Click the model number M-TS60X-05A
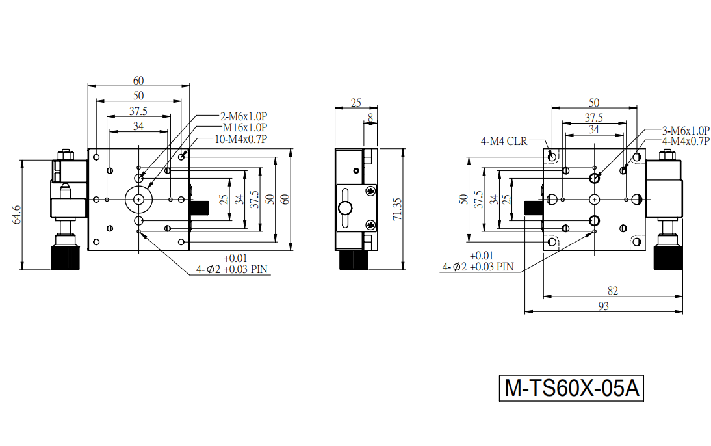coord(571,388)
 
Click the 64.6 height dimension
coord(16,215)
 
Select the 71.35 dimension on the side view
coord(397,209)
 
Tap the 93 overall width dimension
coord(604,306)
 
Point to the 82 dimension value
coord(613,291)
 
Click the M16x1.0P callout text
coord(245,127)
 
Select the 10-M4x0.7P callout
coord(240,139)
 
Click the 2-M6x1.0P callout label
coord(244,116)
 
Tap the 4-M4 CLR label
coord(504,141)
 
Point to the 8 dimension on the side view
coord(370,118)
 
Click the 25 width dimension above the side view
coord(356,103)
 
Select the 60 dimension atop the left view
coord(138,81)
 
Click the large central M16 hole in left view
coord(138,199)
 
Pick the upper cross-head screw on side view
coord(371,191)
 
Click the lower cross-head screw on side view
coord(371,224)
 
